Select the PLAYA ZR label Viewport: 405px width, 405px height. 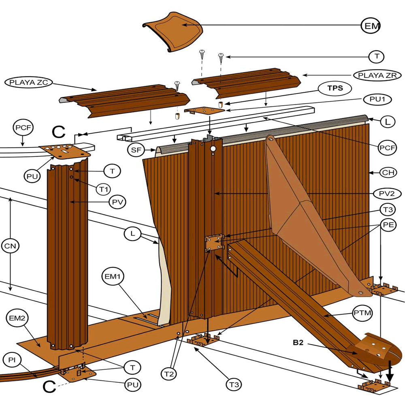(x=377, y=75)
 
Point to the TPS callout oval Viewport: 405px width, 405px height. (x=334, y=88)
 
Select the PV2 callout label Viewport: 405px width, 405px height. (x=387, y=194)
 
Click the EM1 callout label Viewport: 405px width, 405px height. (x=113, y=277)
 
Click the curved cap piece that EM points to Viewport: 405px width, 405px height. (x=173, y=32)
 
